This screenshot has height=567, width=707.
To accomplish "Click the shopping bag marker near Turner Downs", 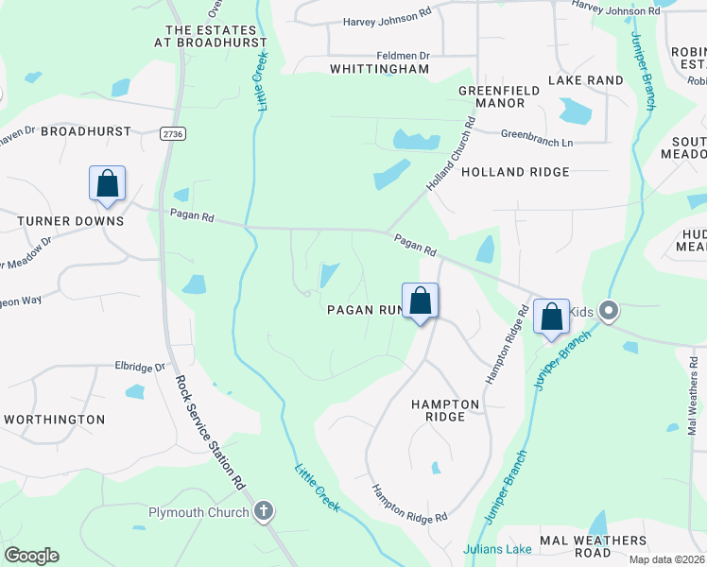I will (107, 183).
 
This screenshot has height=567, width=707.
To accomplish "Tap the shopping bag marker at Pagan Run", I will (421, 301).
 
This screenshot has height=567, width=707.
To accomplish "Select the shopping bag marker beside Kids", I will (551, 317).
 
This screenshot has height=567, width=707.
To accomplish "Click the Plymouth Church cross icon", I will (263, 512).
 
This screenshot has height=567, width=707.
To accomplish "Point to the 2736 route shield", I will (172, 134).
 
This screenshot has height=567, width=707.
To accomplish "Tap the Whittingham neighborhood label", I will (379, 69).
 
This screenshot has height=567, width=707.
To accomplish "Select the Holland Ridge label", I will (515, 172).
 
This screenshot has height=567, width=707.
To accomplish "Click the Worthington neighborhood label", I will (55, 419).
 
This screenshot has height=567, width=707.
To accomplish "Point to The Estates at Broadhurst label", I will (212, 36).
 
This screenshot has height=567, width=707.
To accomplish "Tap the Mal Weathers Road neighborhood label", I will (594, 546).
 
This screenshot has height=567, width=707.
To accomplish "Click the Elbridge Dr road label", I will (140, 366).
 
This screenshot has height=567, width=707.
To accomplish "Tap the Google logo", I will (32, 556).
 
